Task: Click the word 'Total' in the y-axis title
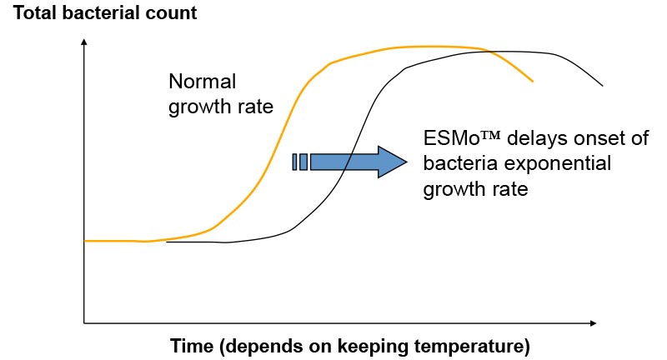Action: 35,12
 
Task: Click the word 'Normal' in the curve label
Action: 202,81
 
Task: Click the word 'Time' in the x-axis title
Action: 192,346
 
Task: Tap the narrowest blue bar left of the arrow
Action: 294,162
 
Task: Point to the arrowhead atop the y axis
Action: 84,41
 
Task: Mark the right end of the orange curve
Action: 532,81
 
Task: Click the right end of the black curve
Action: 602,86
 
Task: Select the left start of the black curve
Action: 166,242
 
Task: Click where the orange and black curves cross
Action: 488,52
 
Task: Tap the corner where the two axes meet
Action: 84,323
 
